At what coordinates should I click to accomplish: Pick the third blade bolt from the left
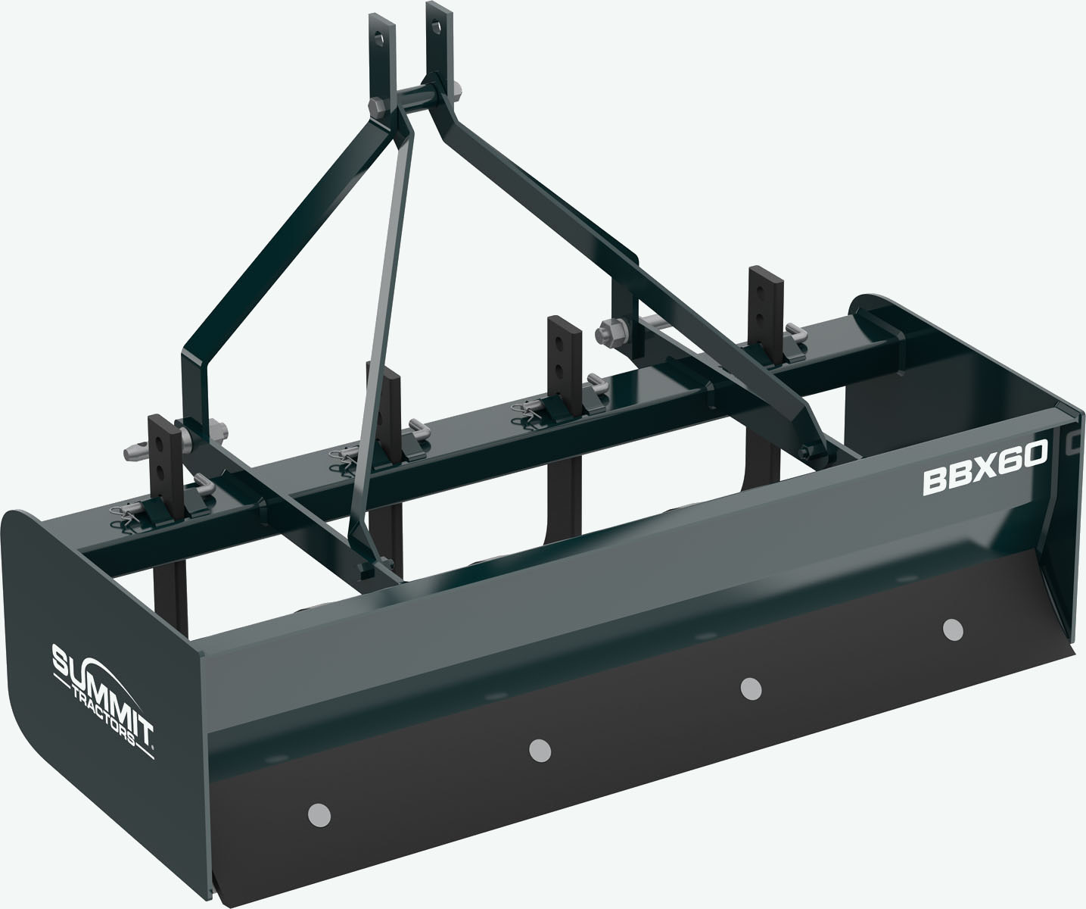(x=750, y=688)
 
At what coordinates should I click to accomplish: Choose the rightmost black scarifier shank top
(x=761, y=284)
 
